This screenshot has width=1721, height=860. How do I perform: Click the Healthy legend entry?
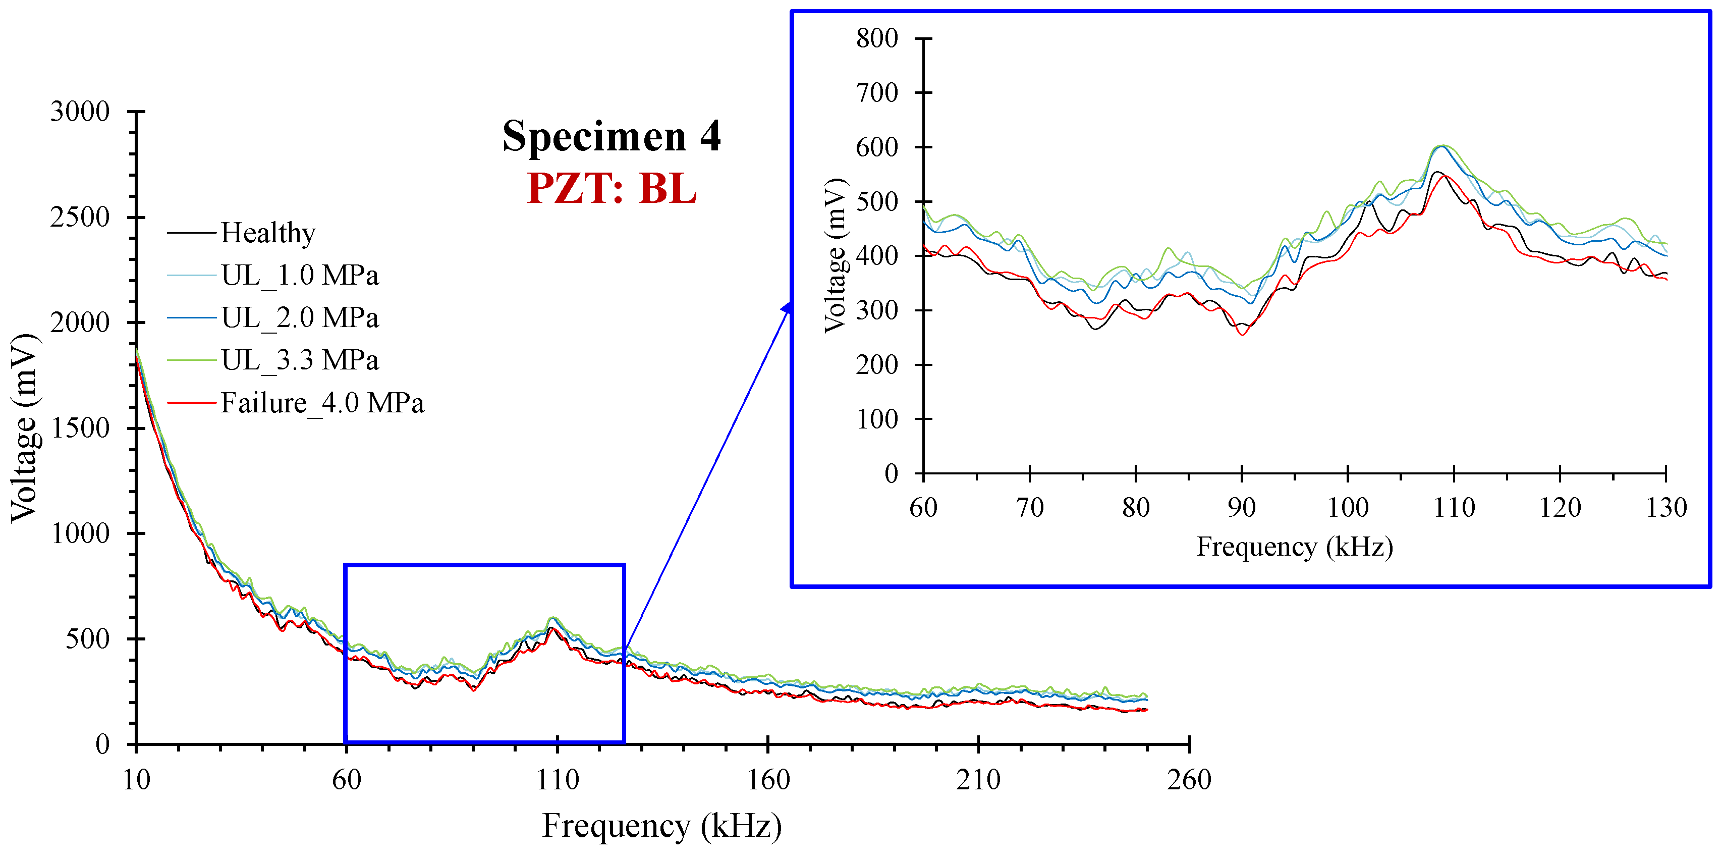(x=267, y=233)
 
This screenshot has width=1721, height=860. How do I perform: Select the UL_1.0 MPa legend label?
(x=299, y=275)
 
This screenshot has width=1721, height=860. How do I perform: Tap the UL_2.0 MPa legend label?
(x=299, y=318)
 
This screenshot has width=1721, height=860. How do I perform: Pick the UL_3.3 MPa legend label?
(x=299, y=360)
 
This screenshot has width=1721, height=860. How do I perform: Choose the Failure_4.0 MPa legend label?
(x=322, y=403)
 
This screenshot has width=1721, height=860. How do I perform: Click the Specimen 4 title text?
(x=612, y=137)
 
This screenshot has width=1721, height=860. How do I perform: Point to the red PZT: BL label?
(x=612, y=188)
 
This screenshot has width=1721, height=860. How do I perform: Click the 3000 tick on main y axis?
(x=80, y=112)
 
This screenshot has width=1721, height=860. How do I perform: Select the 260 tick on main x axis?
(x=1189, y=780)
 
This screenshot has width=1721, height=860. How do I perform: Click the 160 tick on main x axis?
(x=767, y=780)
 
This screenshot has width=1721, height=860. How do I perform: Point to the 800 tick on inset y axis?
(x=876, y=39)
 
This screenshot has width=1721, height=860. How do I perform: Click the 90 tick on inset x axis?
(x=1241, y=508)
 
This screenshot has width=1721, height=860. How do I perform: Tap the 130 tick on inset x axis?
(x=1666, y=508)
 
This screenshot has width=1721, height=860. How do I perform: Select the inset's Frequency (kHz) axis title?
(x=1294, y=547)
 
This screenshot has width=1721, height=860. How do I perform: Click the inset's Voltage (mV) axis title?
(x=835, y=255)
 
